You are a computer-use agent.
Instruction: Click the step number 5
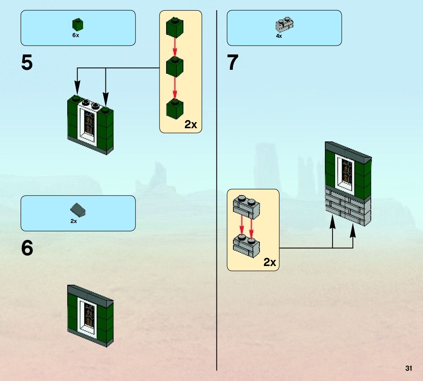pos(27,63)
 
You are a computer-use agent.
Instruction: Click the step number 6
pos(27,249)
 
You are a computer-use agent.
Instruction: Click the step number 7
pos(233,63)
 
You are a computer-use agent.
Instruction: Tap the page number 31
pos(408,369)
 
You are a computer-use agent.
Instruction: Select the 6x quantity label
pos(76,36)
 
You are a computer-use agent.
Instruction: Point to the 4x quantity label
pos(279,36)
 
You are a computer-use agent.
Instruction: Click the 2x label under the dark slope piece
pos(74,221)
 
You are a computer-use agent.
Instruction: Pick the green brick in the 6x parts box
pos(78,25)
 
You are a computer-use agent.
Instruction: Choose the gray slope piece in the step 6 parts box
pos(78,210)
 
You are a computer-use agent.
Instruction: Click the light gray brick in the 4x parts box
pos(284,25)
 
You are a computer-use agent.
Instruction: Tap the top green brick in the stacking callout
pos(175,28)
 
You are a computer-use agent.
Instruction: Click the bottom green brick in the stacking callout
pos(175,108)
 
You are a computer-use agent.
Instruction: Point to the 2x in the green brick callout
pos(191,125)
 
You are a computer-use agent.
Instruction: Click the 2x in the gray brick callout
pos(269,262)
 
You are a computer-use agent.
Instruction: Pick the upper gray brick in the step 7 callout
pos(246,206)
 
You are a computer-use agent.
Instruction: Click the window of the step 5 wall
pos(89,123)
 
